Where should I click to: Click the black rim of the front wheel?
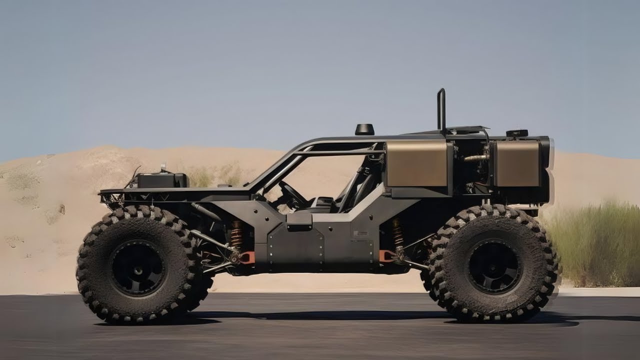click(137, 267)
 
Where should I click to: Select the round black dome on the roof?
click(364, 129)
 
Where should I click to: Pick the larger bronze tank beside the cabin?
click(417, 163)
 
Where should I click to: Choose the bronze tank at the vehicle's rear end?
click(517, 163)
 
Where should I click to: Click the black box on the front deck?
click(162, 180)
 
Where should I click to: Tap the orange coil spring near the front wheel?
click(236, 234)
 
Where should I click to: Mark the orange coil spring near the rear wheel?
click(397, 233)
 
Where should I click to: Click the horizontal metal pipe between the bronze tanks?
click(475, 158)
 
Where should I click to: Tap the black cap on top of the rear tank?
click(516, 133)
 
